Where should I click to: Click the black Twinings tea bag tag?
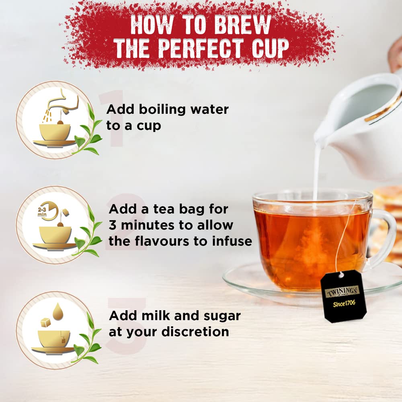click(x=343, y=295)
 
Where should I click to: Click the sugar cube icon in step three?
click(x=45, y=322)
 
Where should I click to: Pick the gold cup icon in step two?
click(x=55, y=235)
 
